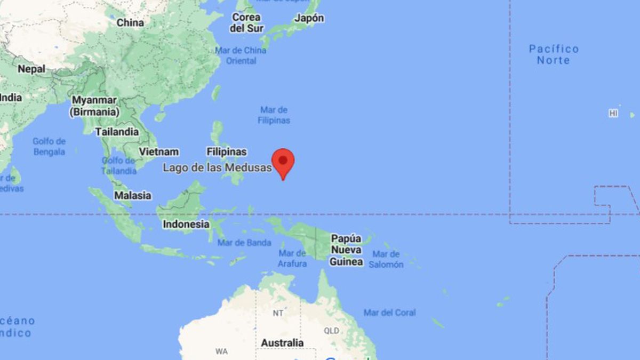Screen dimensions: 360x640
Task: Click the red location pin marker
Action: click(283, 162)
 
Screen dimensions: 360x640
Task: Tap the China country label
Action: click(130, 22)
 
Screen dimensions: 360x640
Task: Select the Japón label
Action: click(309, 18)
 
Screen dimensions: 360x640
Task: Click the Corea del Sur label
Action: click(246, 23)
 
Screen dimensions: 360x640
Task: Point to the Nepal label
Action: click(31, 69)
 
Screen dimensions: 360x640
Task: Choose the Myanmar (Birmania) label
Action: click(94, 106)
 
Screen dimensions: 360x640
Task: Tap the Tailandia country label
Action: click(117, 132)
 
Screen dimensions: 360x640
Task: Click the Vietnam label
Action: click(158, 151)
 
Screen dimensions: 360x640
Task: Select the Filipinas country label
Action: click(227, 152)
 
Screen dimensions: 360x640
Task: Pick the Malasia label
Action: click(133, 196)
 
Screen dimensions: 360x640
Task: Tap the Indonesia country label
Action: click(186, 224)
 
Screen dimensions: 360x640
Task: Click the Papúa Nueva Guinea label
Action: click(346, 250)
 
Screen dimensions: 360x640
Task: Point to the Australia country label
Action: click(282, 343)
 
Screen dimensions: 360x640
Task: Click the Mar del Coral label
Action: click(389, 313)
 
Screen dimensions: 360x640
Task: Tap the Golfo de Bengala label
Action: click(49, 147)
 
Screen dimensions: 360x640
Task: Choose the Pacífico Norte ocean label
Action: click(554, 54)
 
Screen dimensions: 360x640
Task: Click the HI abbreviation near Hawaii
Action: click(613, 113)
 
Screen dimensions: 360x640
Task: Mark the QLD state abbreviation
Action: click(331, 331)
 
